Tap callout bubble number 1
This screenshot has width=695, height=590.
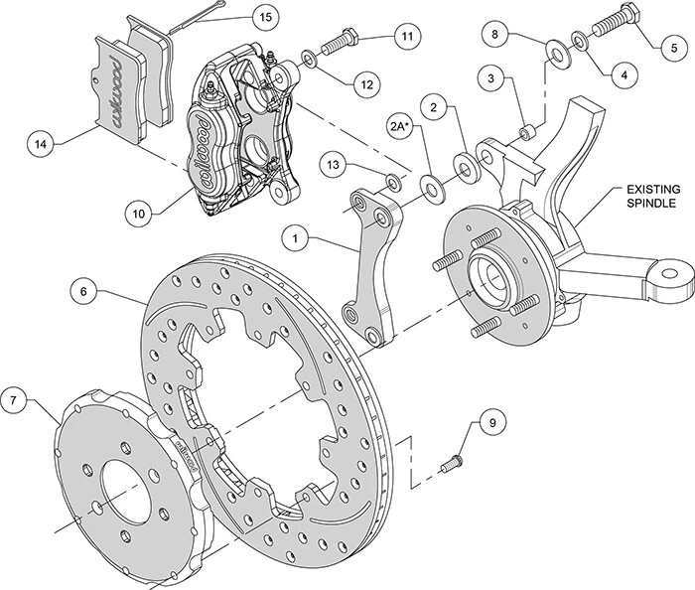295,210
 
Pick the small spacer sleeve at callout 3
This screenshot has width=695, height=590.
528,130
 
